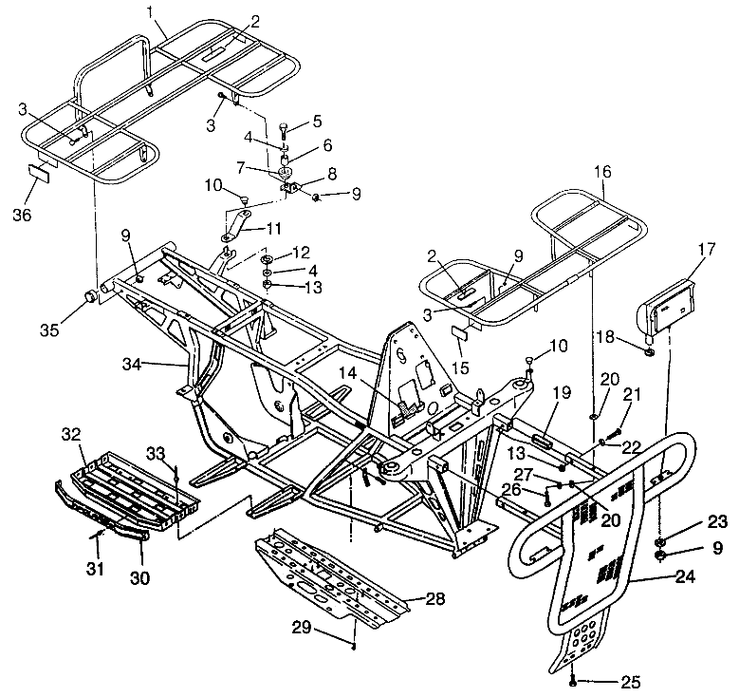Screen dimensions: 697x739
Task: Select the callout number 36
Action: pyautogui.click(x=22, y=216)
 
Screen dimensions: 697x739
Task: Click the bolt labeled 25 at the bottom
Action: pyautogui.click(x=573, y=680)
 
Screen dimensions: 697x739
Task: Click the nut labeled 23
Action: pyautogui.click(x=659, y=539)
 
